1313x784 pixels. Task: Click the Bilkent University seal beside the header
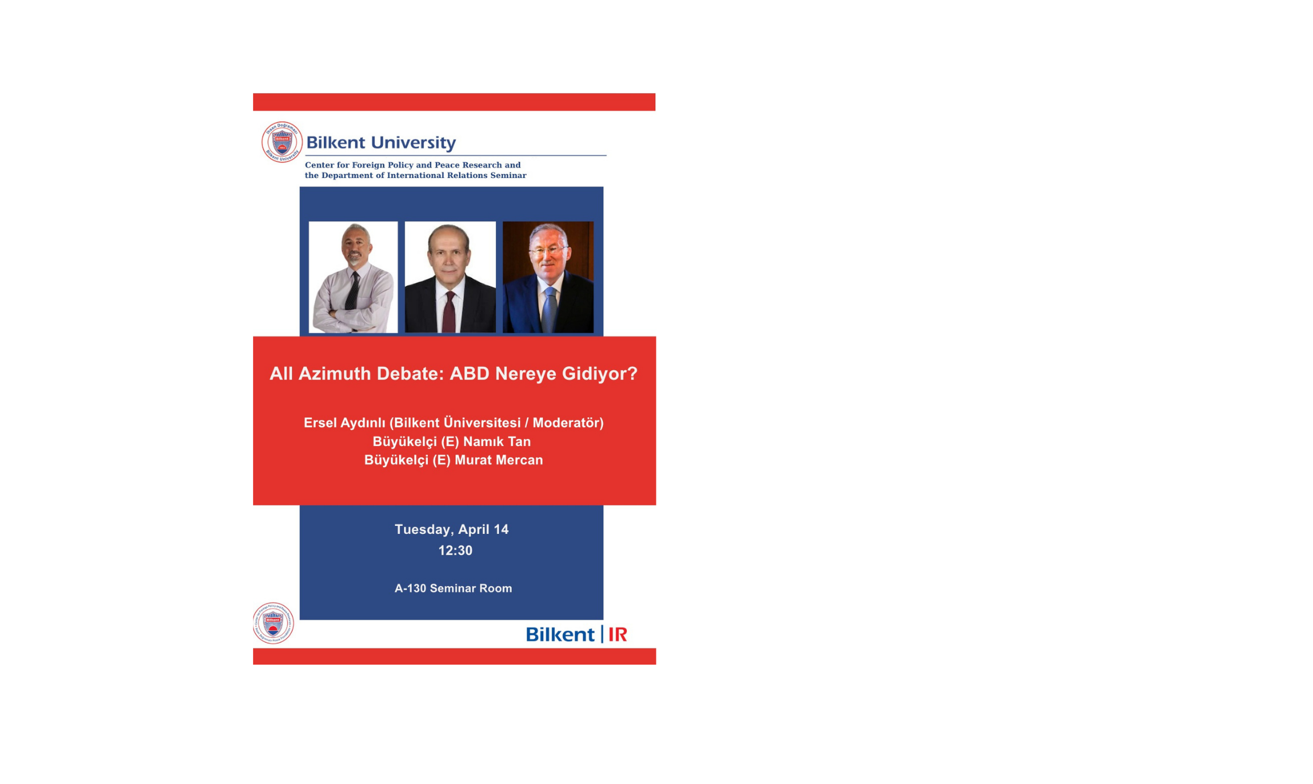(282, 142)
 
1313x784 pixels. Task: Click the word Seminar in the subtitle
(508, 175)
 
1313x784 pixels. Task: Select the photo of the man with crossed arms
(353, 277)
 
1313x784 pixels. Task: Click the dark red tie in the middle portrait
(449, 312)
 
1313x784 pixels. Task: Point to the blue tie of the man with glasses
(549, 310)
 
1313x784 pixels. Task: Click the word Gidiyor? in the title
(600, 374)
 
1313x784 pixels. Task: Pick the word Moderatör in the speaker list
(566, 422)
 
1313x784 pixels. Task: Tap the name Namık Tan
(497, 441)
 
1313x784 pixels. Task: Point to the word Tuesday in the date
(423, 530)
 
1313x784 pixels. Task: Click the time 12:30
(455, 550)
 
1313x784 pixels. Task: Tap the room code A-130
(410, 588)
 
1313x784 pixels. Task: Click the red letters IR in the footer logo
(618, 634)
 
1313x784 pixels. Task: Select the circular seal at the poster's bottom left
(274, 623)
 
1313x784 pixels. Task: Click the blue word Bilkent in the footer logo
(560, 634)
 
